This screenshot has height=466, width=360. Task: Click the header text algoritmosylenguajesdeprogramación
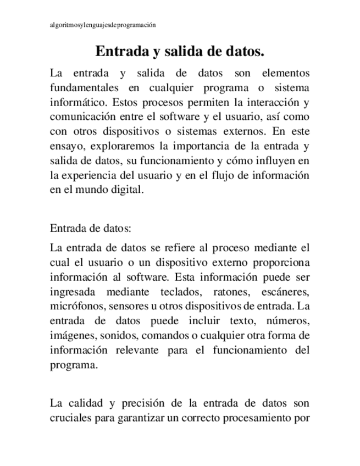click(x=99, y=25)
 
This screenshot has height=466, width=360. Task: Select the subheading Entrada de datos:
click(x=91, y=228)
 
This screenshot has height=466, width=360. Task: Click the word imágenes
click(x=72, y=335)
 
